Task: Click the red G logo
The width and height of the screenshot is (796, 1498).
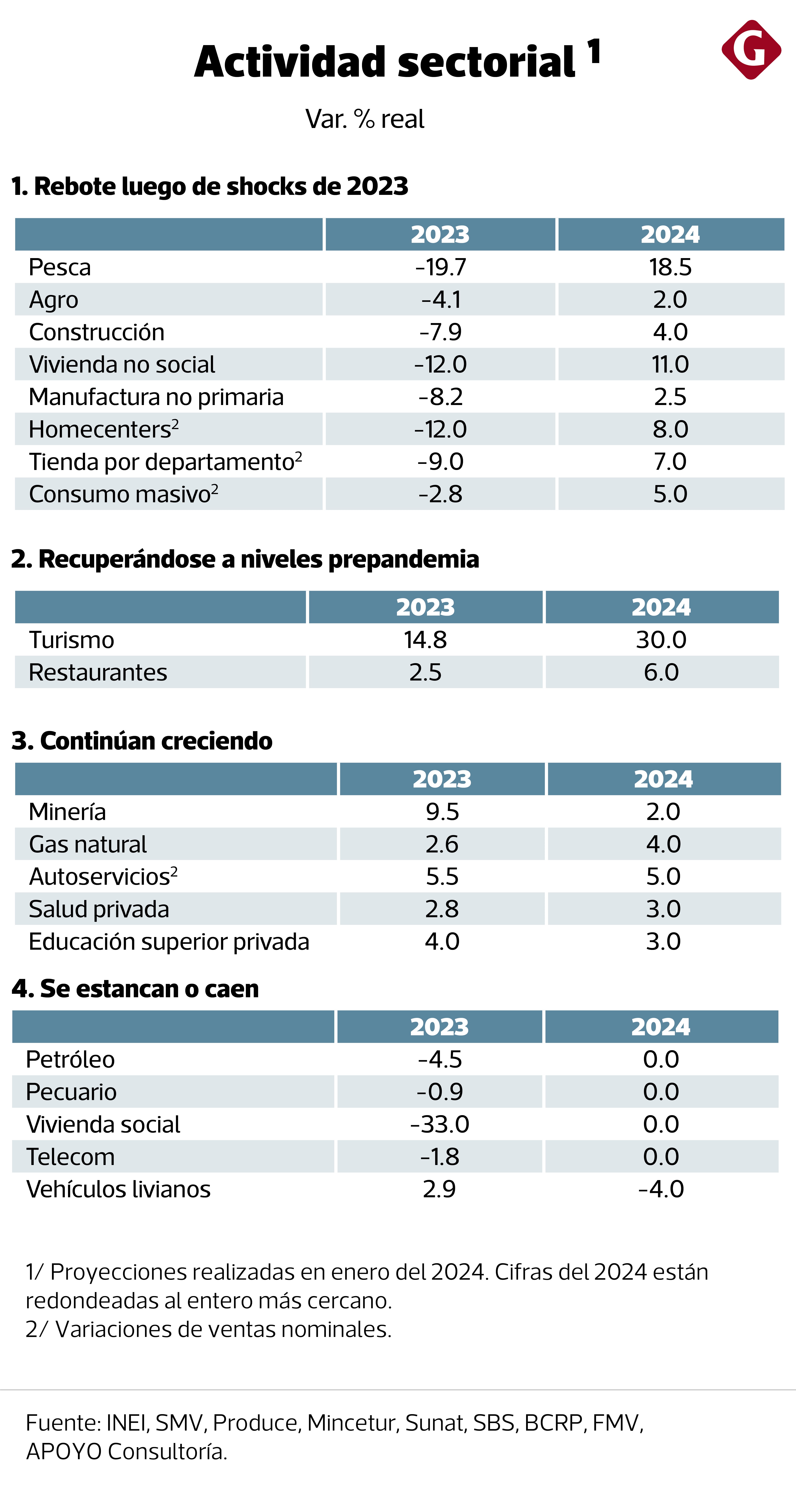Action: coord(751,50)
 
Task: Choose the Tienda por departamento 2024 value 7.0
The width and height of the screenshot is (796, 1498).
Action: coord(670,462)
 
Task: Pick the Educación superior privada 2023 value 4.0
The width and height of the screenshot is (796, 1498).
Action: coord(442,941)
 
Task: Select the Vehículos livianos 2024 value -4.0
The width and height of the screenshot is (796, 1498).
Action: coord(661,1189)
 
